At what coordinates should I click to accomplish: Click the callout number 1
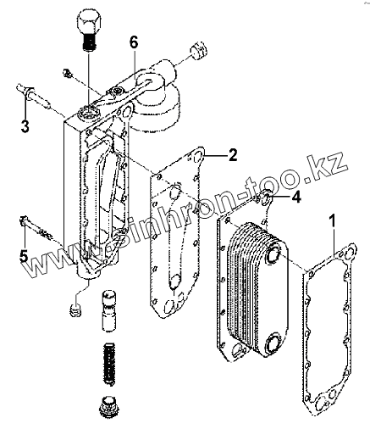pyautogui.click(x=334, y=220)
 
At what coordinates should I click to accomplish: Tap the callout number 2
pyautogui.click(x=233, y=155)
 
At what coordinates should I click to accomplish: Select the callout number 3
pyautogui.click(x=25, y=125)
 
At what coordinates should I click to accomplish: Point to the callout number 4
pyautogui.click(x=295, y=197)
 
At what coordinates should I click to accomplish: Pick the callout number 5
pyautogui.click(x=24, y=256)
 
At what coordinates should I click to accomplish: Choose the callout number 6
pyautogui.click(x=134, y=42)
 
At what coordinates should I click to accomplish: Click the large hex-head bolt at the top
pyautogui.click(x=89, y=29)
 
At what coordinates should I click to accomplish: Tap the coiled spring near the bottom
pyautogui.click(x=109, y=364)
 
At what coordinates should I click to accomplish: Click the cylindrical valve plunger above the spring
pyautogui.click(x=108, y=310)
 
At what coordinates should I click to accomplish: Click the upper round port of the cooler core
pyautogui.click(x=273, y=254)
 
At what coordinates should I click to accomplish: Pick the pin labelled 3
pyautogui.click(x=34, y=94)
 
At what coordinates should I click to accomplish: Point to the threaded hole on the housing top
pyautogui.click(x=88, y=114)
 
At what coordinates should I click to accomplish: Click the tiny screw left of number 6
pyautogui.click(x=68, y=73)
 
